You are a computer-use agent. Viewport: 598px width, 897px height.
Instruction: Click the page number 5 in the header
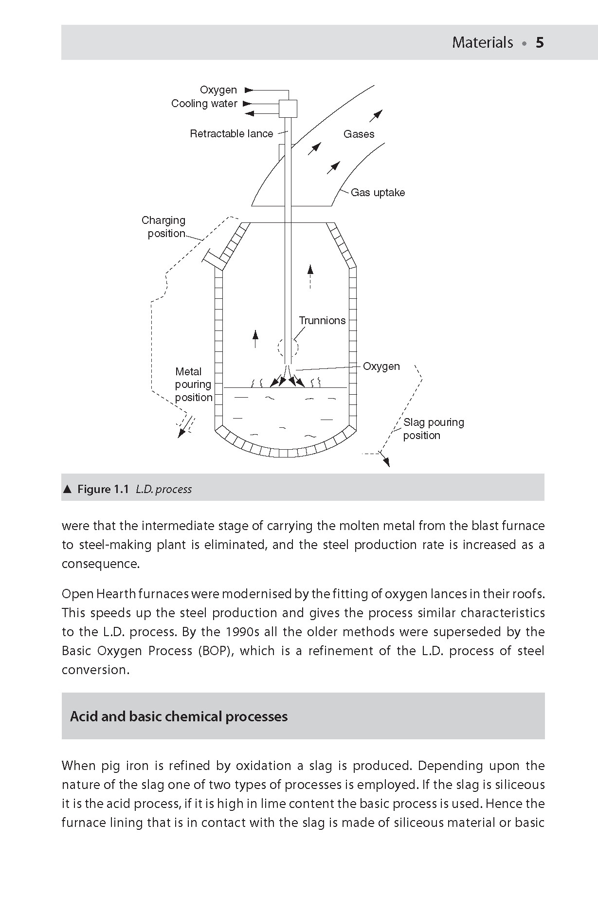[540, 43]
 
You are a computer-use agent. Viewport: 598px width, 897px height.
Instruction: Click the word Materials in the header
[482, 43]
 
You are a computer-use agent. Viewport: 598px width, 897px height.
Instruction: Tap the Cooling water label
[204, 104]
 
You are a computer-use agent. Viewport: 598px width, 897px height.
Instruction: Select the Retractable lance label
[231, 134]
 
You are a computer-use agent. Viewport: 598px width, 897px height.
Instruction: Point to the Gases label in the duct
[359, 134]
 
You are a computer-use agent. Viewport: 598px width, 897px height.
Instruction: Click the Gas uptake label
[378, 193]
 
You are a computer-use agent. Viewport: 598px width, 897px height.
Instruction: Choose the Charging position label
[164, 227]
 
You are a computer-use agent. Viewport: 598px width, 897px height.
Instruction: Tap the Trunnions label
[322, 321]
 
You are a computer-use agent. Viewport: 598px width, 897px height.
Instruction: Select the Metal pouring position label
[193, 384]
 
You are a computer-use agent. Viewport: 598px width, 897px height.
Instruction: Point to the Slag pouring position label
[433, 429]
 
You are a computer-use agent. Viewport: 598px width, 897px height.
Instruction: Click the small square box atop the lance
[288, 109]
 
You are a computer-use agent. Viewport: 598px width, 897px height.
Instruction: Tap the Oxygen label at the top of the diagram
[218, 90]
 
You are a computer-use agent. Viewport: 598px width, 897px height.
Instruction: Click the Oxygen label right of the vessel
[381, 366]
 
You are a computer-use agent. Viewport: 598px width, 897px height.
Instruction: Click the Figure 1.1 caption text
[134, 489]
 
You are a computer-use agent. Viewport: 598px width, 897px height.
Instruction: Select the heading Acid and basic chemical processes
[179, 716]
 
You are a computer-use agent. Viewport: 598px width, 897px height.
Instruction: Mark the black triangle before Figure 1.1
[68, 489]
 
